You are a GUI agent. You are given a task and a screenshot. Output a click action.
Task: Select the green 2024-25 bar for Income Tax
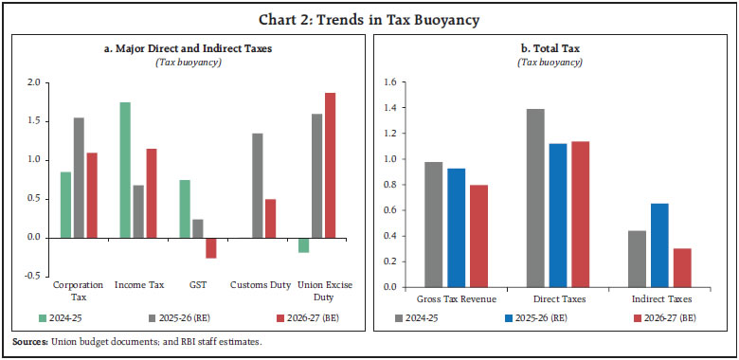(125, 170)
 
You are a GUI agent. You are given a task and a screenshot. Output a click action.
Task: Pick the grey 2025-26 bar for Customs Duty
(257, 185)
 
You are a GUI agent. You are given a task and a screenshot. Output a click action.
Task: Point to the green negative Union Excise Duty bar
(303, 244)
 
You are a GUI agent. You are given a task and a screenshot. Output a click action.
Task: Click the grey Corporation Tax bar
(79, 177)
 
